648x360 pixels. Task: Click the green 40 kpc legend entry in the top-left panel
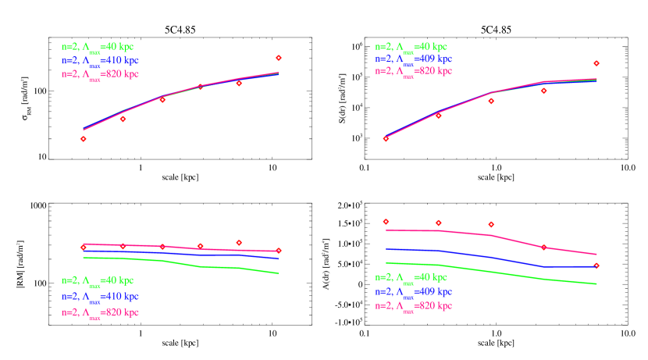[98, 47]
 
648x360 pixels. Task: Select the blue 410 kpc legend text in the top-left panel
[100, 60]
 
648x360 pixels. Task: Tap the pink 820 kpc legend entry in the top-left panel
[100, 74]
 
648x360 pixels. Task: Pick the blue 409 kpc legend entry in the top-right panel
[413, 59]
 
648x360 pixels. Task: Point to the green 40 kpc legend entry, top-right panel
[411, 47]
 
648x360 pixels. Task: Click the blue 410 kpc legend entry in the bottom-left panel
[100, 297]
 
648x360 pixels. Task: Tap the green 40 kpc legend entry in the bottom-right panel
[411, 277]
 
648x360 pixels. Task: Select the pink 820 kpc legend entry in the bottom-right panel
[413, 305]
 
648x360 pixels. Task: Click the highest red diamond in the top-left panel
[279, 58]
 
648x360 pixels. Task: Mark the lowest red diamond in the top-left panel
[83, 139]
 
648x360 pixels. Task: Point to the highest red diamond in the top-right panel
[596, 63]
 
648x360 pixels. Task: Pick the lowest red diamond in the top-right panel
[386, 139]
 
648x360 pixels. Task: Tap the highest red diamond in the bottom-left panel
[239, 242]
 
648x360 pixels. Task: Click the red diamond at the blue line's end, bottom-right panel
[596, 266]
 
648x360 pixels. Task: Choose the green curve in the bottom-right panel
[492, 271]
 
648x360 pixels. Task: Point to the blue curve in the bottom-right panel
[492, 257]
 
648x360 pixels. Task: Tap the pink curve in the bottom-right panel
[492, 235]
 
